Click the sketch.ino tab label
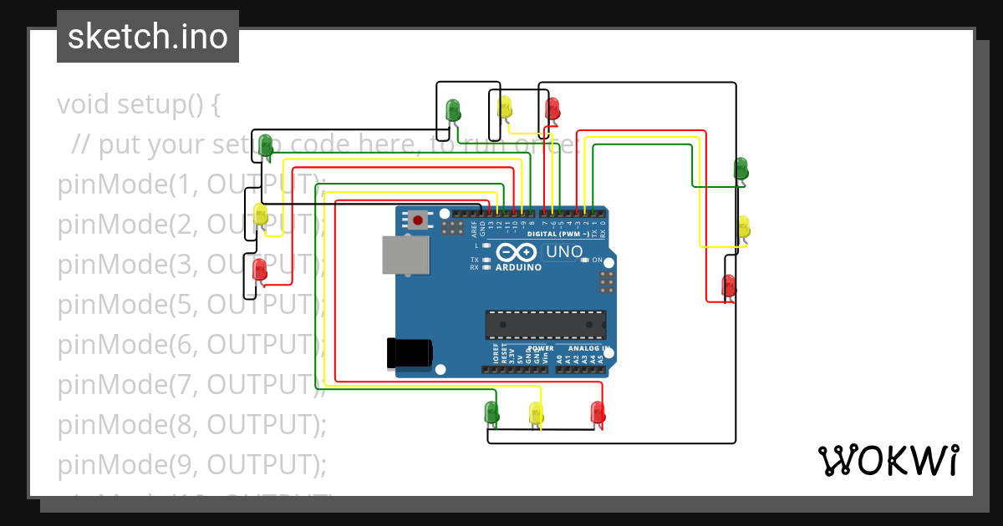click(147, 37)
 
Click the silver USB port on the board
click(405, 255)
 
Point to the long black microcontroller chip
click(546, 325)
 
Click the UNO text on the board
click(564, 251)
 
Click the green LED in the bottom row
click(491, 412)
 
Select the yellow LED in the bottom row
click(536, 412)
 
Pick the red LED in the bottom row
click(598, 412)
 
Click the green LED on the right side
click(741, 168)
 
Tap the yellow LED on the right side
click(742, 226)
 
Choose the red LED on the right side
click(729, 286)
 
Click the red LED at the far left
click(260, 269)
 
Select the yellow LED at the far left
click(260, 214)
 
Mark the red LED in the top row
click(552, 109)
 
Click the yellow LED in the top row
click(505, 107)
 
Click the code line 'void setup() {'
click(138, 105)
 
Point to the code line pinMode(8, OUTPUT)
click(191, 424)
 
